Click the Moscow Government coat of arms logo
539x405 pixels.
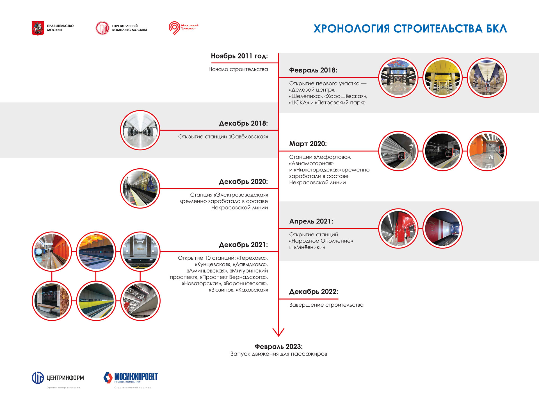(x=38, y=28)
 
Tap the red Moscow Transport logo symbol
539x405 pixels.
(x=174, y=28)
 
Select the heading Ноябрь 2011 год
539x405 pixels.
(x=239, y=56)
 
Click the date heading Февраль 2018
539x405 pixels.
(x=313, y=70)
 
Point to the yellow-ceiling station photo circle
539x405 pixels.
(x=442, y=78)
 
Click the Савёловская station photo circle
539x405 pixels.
(x=140, y=130)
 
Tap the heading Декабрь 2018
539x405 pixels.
(x=243, y=123)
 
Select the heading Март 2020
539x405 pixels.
(x=308, y=144)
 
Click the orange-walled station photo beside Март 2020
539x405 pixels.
(x=487, y=151)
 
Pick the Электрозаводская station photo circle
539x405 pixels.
(x=140, y=188)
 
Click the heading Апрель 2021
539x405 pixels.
(x=311, y=221)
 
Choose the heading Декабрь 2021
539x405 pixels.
(x=243, y=245)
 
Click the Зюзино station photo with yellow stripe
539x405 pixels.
(x=96, y=301)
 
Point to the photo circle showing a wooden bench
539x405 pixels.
(x=52, y=301)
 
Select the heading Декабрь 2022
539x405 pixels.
(x=314, y=292)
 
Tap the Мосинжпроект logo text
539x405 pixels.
(x=136, y=377)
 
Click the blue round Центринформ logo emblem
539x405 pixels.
(x=38, y=378)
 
